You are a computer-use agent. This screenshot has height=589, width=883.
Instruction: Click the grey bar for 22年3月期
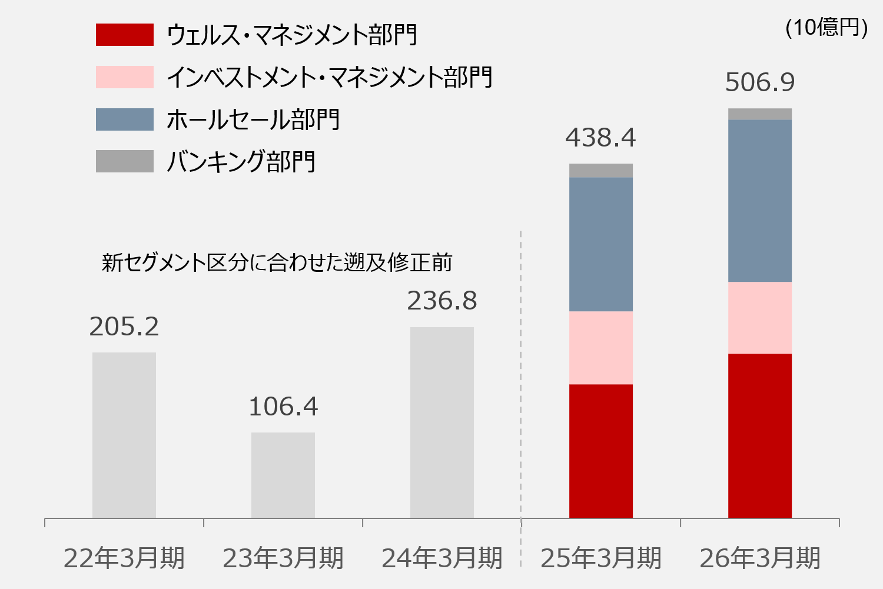124,435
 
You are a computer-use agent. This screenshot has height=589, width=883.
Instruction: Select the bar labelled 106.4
283,475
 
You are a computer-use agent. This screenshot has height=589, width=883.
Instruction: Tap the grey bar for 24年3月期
442,422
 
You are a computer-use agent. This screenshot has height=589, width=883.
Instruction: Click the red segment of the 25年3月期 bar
601,451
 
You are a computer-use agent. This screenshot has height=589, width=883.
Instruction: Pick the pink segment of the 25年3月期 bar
601,348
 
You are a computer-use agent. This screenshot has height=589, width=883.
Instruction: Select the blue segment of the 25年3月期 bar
601,244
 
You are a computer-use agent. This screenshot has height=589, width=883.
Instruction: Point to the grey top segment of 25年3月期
601,171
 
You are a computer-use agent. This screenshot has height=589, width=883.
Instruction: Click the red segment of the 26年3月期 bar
760,436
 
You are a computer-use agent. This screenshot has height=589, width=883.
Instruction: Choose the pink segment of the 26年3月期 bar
760,318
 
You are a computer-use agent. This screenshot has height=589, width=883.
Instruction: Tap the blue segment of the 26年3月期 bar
760,201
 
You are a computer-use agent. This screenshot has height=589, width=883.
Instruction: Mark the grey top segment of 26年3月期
760,114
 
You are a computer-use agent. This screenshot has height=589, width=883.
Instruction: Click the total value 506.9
760,82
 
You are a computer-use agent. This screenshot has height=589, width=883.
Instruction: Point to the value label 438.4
601,138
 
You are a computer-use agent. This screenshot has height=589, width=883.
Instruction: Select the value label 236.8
442,301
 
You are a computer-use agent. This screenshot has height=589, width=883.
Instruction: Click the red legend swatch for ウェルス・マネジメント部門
125,35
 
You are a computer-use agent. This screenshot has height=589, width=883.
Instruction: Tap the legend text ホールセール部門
253,119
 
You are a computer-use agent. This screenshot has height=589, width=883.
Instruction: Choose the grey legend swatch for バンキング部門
125,161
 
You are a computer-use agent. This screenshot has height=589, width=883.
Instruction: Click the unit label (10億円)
826,28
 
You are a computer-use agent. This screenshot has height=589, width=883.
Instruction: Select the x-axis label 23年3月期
283,558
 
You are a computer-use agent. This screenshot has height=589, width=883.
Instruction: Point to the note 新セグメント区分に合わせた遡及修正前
277,262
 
